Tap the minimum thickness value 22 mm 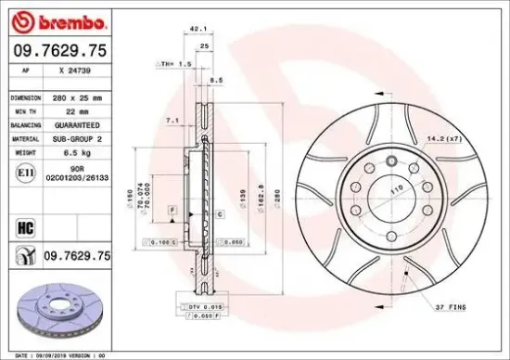[62, 109]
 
